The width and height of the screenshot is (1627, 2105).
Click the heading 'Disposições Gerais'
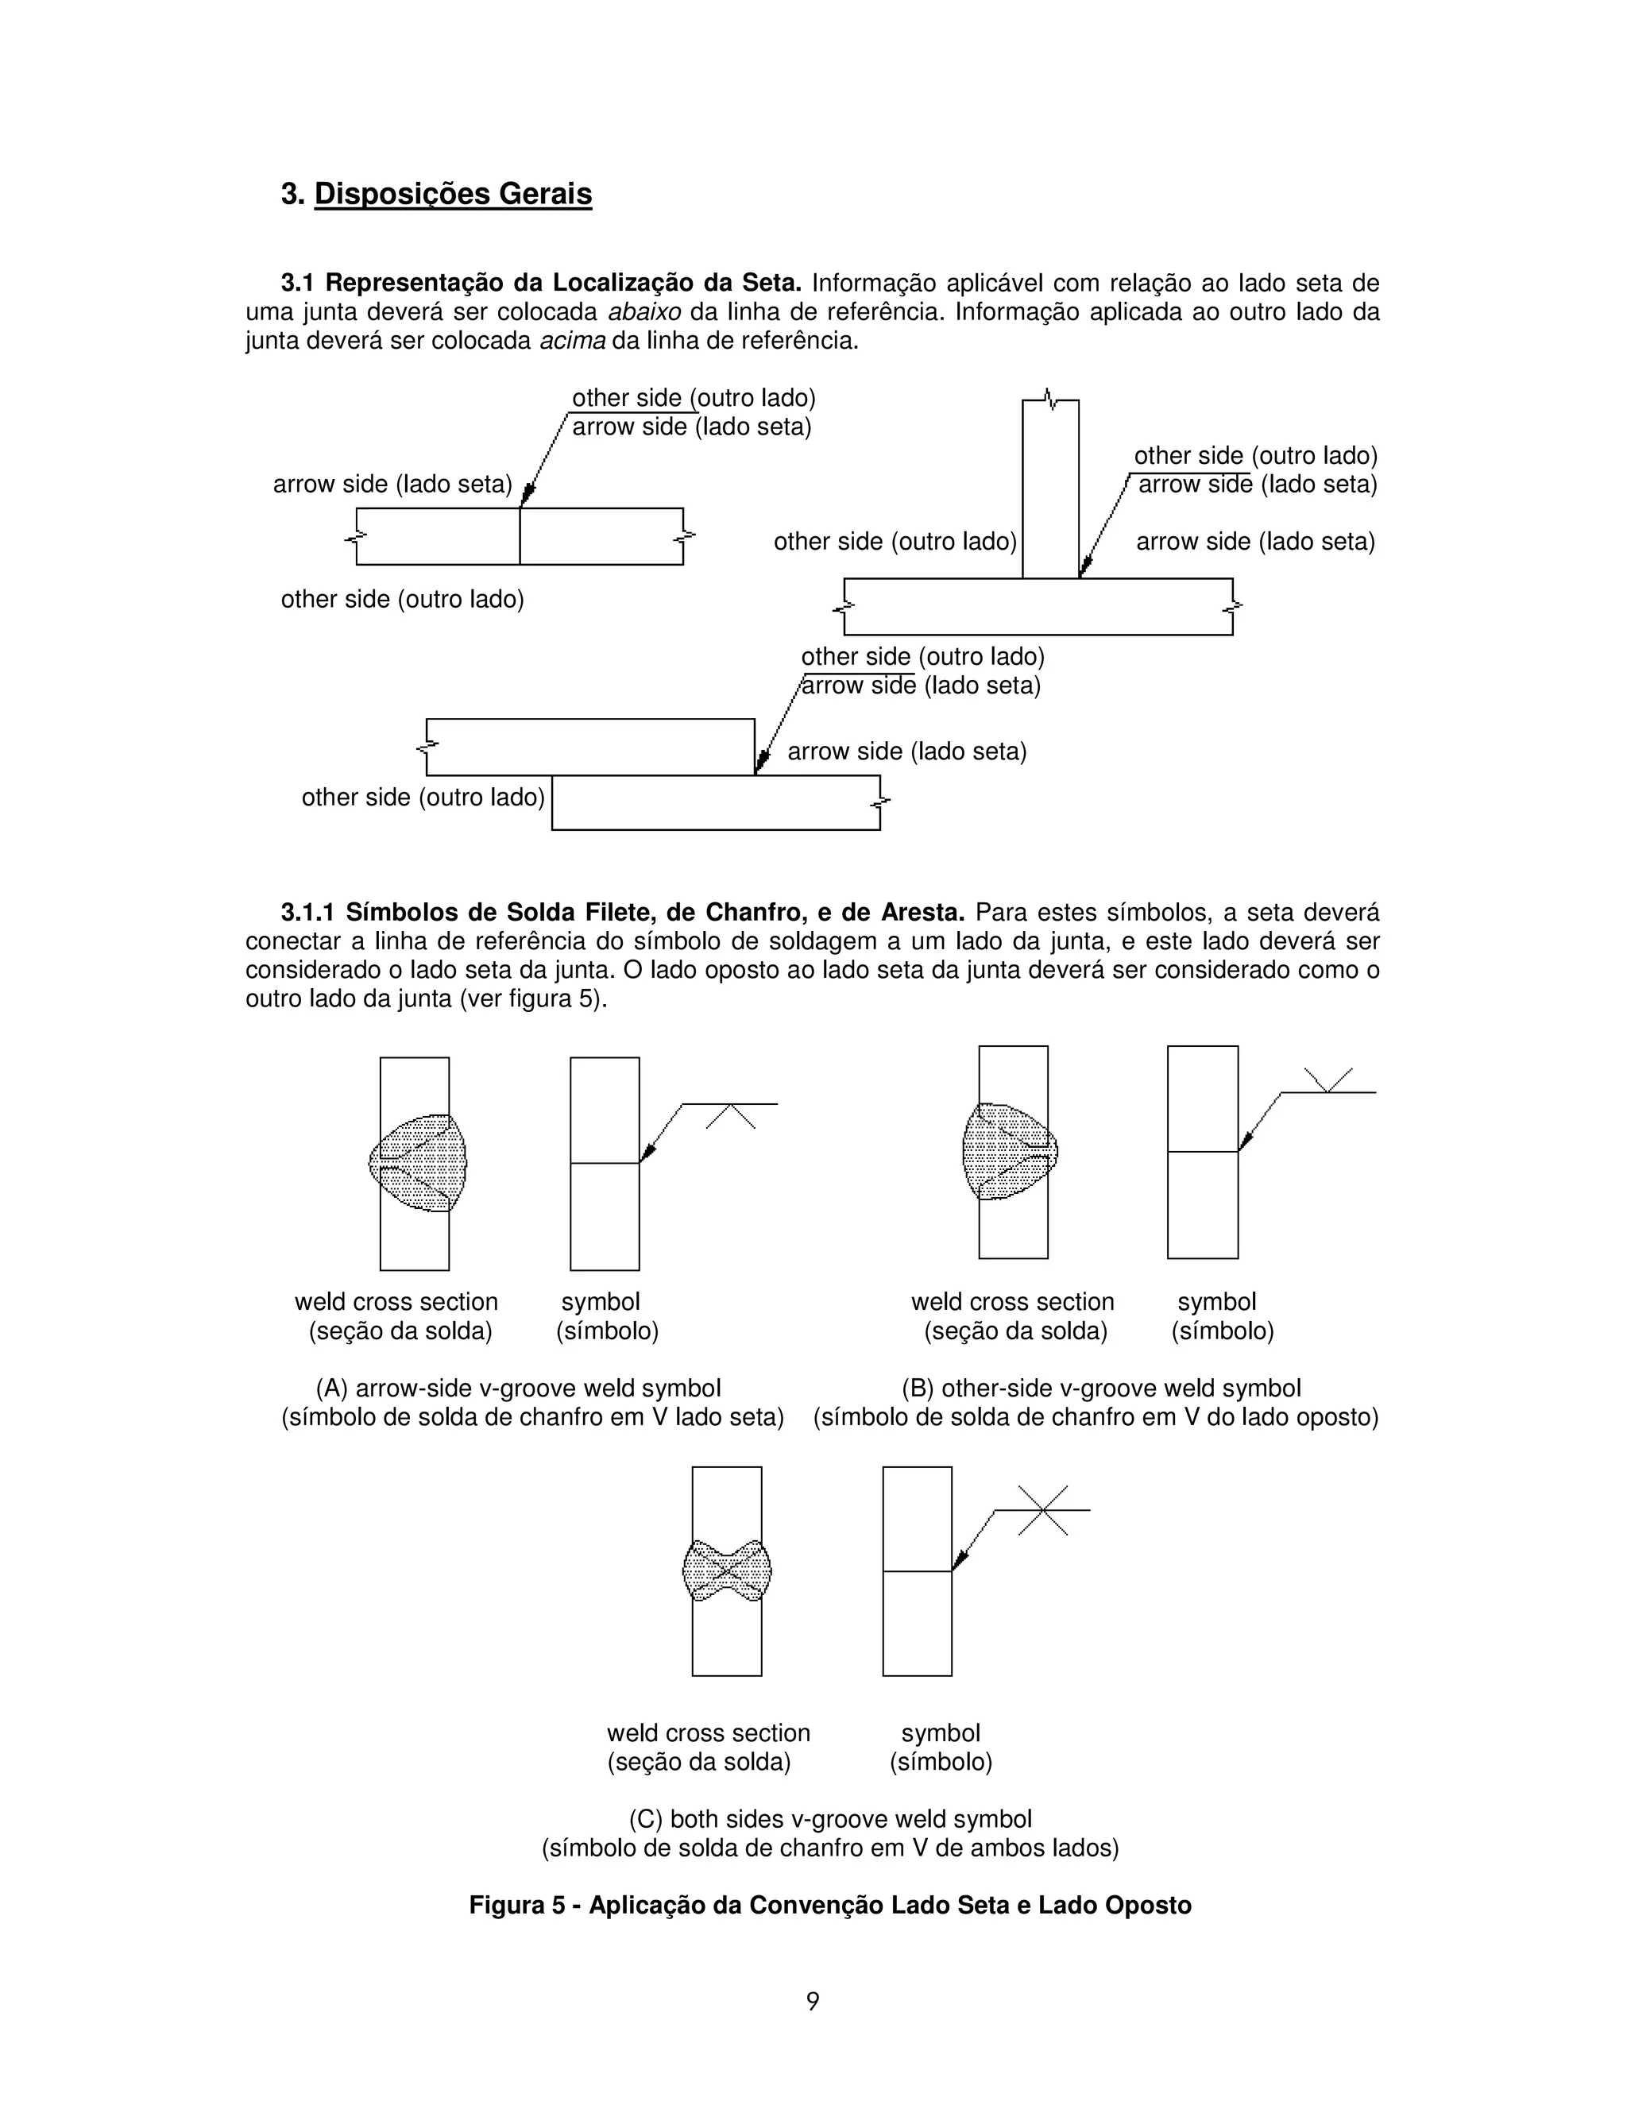452,194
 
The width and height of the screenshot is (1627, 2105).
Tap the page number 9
813,2002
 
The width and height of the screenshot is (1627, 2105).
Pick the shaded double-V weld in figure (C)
727,1571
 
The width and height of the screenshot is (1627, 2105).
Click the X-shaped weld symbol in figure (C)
1044,1510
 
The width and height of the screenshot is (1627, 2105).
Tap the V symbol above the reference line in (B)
1328,1080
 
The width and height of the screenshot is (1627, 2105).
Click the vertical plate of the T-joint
1049,492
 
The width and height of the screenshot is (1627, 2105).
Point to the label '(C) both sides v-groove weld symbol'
830,1819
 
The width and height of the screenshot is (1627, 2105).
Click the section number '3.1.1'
308,912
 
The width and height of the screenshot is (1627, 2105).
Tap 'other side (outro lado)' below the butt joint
402,600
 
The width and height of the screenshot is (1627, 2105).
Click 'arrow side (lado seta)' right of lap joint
906,751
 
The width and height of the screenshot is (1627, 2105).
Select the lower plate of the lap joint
715,803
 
